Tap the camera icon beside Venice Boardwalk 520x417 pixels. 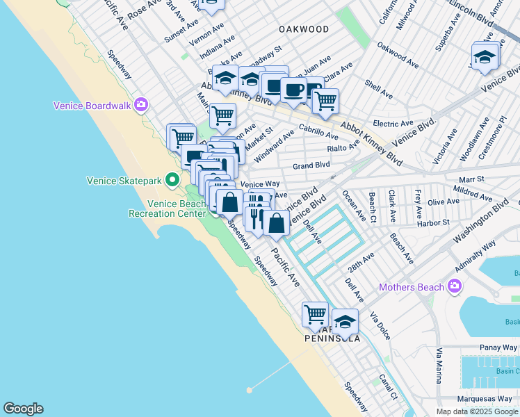tap(141, 105)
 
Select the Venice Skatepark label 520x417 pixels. tap(124, 181)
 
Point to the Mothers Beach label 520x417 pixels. tap(412, 286)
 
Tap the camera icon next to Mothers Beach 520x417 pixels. tap(455, 286)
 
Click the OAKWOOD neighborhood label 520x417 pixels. tap(303, 29)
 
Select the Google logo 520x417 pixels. tap(23, 409)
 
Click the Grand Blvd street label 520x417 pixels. tap(311, 166)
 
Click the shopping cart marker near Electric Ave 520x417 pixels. tap(325, 101)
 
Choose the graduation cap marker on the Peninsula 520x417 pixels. tap(345, 321)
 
